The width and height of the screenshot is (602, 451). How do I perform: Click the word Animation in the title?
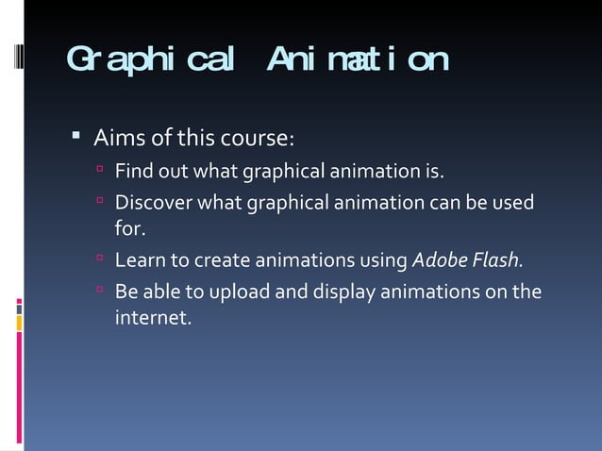[x=357, y=59]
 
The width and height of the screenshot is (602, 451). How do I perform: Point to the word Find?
[x=133, y=172]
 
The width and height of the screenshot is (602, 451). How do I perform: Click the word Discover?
[x=153, y=203]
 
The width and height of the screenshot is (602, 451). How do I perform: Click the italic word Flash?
[x=496, y=259]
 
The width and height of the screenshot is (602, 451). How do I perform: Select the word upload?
[x=242, y=292]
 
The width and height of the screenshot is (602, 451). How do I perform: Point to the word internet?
[x=152, y=318]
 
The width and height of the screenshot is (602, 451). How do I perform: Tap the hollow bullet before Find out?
[x=99, y=171]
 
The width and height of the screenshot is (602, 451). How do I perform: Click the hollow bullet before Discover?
[x=99, y=202]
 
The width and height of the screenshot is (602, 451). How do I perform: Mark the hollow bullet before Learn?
[x=99, y=259]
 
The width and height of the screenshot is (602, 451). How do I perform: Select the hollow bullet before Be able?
[x=99, y=291]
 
